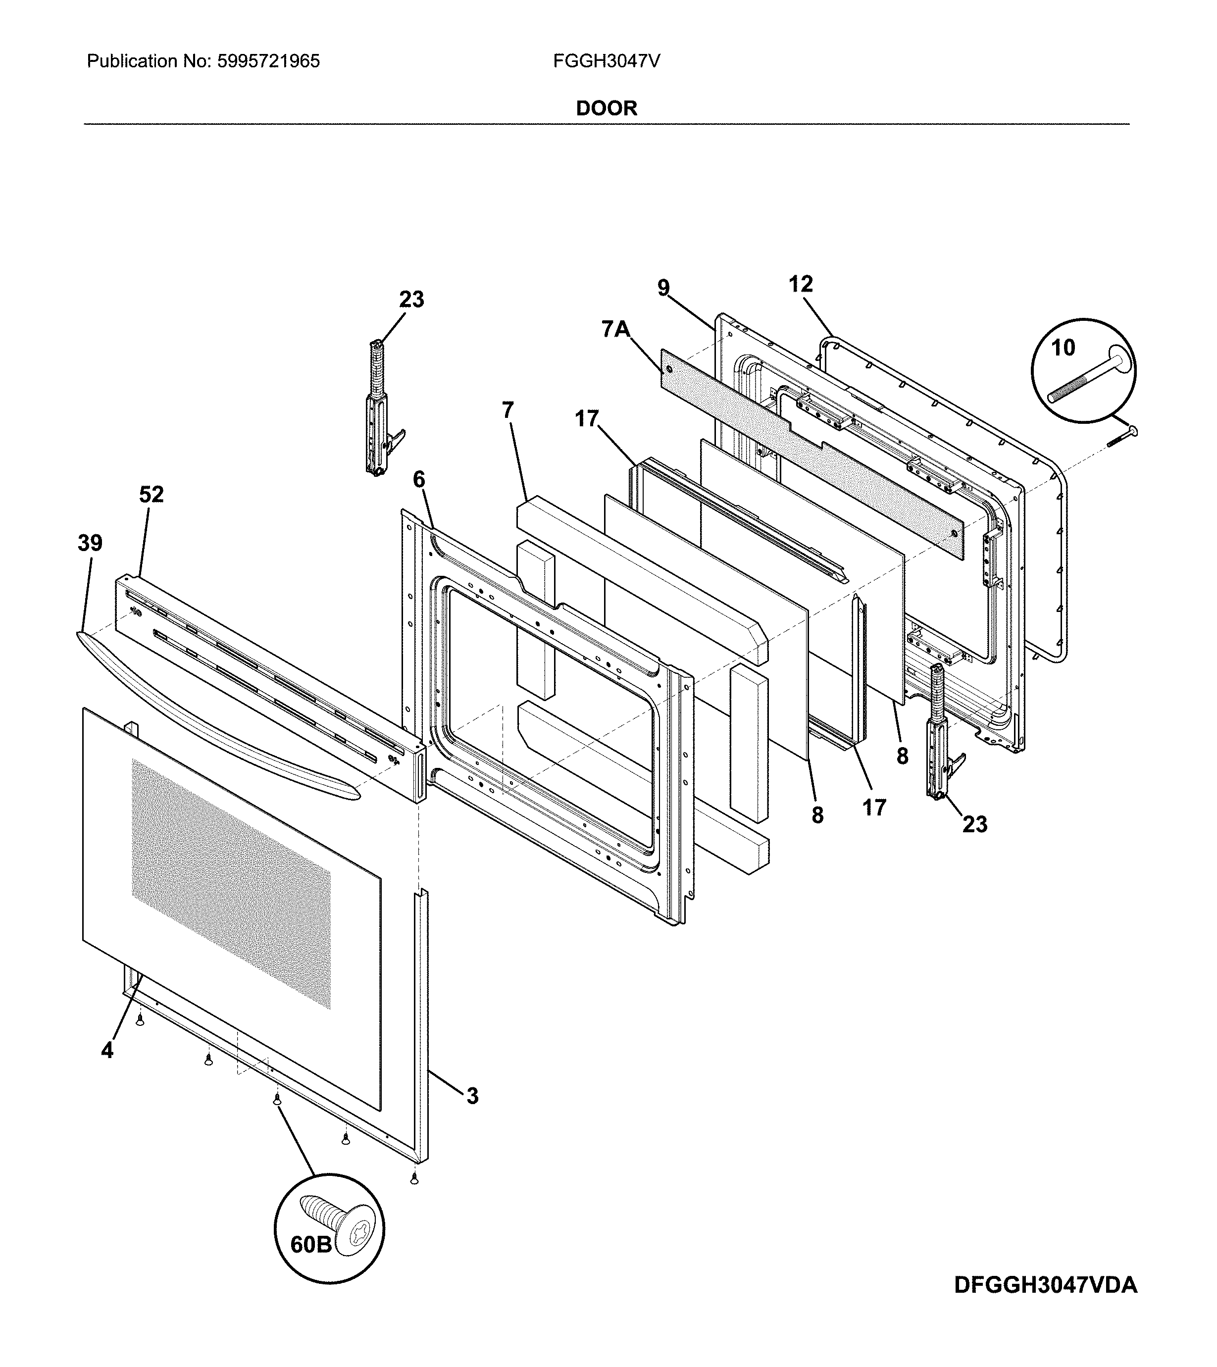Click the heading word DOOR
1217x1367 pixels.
click(607, 108)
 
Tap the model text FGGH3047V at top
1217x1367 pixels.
click(607, 61)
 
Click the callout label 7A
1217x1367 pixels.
click(616, 329)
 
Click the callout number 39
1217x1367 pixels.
click(90, 543)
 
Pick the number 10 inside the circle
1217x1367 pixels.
click(1063, 347)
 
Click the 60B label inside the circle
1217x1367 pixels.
click(311, 1245)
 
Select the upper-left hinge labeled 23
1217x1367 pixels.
click(377, 408)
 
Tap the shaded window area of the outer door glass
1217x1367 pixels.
click(231, 883)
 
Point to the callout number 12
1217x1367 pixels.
click(801, 284)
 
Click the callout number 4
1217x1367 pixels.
click(107, 1051)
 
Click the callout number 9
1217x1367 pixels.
click(662, 288)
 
